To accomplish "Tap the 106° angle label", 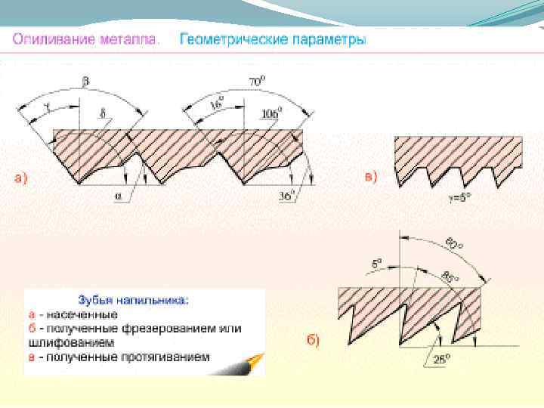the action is (269, 114).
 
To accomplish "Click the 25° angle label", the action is (439, 359).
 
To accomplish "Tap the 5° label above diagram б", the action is (377, 264).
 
